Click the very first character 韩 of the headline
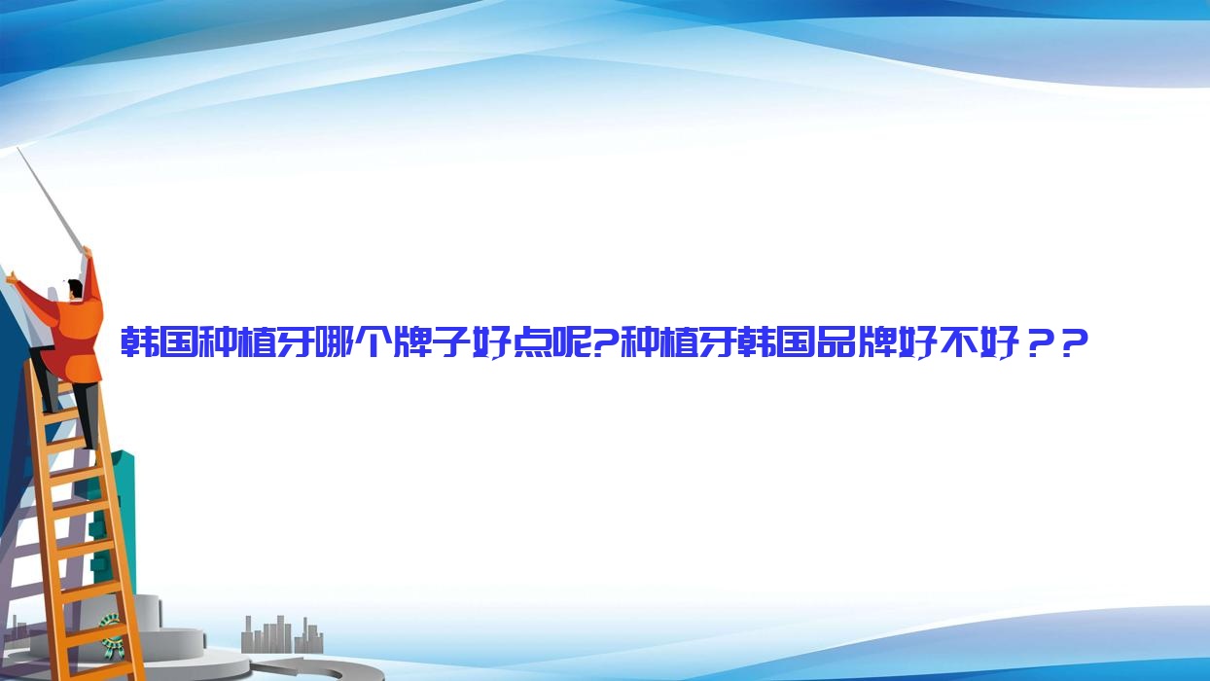pyautogui.click(x=138, y=341)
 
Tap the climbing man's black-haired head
pyautogui.click(x=76, y=289)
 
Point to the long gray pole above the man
pyautogui.click(x=51, y=200)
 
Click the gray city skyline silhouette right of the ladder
pyautogui.click(x=282, y=635)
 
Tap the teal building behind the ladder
pyautogui.click(x=116, y=519)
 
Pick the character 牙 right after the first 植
pyautogui.click(x=294, y=341)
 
